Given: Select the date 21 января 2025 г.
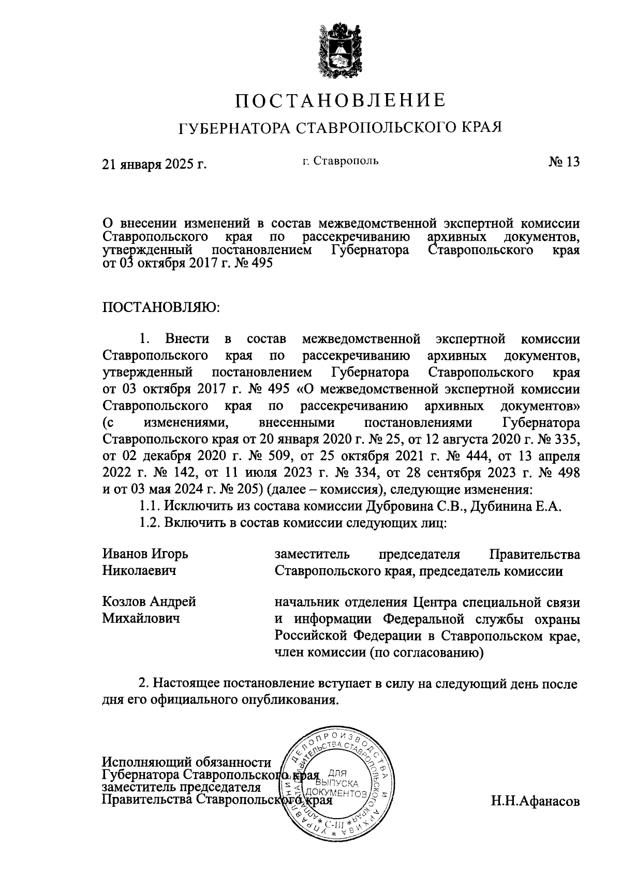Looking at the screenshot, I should pyautogui.click(x=155, y=164).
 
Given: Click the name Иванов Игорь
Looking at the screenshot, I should pyautogui.click(x=145, y=554).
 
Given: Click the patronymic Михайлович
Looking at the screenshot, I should pyautogui.click(x=141, y=618).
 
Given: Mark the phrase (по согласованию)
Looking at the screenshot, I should pyautogui.click(x=426, y=653).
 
